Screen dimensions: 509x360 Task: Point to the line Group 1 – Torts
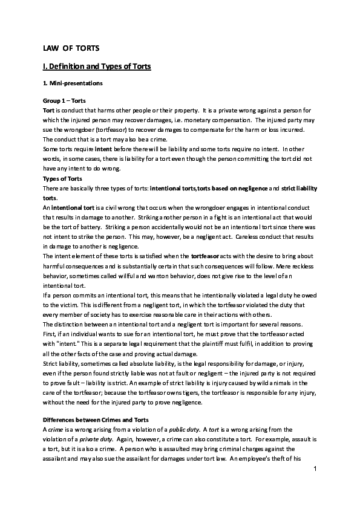point(65,99)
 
